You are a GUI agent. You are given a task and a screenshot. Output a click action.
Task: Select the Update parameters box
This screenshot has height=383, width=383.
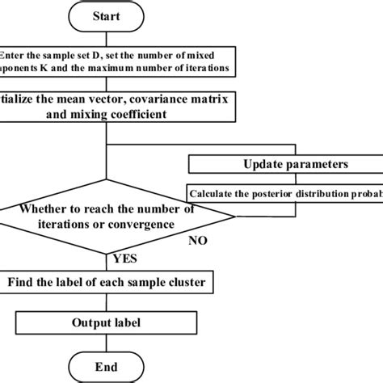[x=284, y=164]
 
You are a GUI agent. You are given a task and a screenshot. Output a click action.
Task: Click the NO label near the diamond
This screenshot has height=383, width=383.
[x=198, y=241]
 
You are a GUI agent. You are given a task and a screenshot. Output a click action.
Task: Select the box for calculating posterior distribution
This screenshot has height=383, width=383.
[x=284, y=193]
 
